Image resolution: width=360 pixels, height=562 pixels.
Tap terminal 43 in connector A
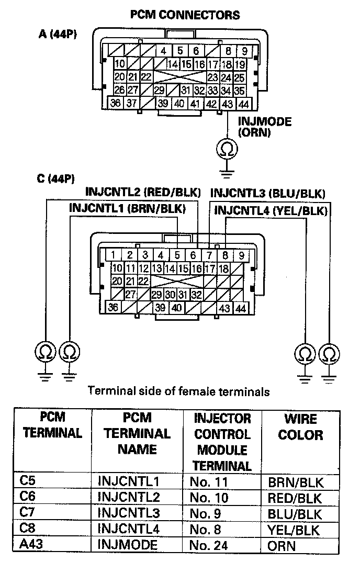(228, 104)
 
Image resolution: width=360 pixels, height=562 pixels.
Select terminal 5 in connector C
(177, 256)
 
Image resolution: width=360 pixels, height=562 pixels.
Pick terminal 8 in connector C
(225, 256)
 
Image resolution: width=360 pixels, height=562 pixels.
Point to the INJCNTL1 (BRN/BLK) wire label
(128, 208)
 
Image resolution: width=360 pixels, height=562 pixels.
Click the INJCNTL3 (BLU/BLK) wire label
(268, 193)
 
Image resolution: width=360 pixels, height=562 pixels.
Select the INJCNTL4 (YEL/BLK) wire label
(271, 211)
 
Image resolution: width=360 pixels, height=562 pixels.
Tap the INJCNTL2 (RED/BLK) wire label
(142, 192)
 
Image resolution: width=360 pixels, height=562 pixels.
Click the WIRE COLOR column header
(301, 426)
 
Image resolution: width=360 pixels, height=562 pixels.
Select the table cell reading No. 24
(208, 545)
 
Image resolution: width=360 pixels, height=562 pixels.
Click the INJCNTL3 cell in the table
(129, 512)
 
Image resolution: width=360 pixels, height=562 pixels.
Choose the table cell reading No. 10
(208, 497)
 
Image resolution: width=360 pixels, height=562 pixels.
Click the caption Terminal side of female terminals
(179, 390)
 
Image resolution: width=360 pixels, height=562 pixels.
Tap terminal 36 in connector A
(116, 104)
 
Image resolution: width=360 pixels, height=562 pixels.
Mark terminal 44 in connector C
(241, 308)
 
